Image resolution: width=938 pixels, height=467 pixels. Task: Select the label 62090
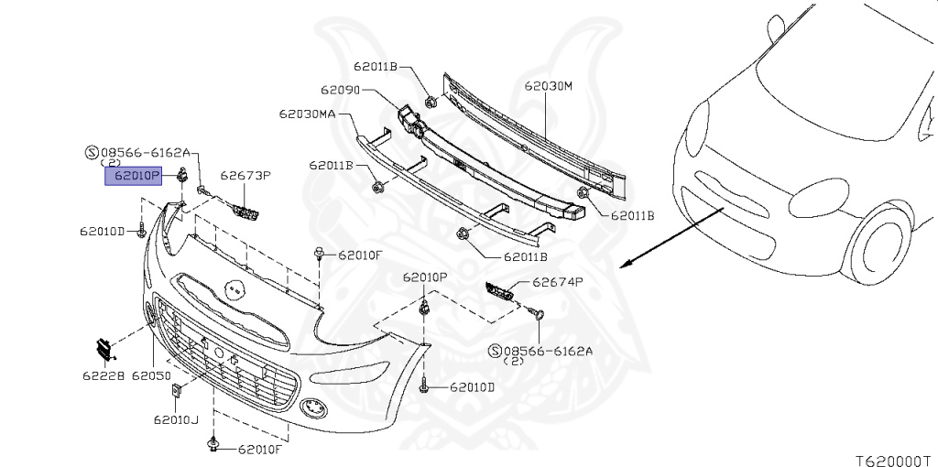339,91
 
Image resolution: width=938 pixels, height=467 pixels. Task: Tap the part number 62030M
548,86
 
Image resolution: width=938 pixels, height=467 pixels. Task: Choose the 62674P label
558,283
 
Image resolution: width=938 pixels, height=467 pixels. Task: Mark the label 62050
152,375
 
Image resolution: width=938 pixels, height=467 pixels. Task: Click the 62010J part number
176,419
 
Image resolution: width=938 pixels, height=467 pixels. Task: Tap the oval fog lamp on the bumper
312,407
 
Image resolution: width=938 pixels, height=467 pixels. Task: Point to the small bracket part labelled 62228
104,348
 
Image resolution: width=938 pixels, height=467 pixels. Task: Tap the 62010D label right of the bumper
472,387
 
